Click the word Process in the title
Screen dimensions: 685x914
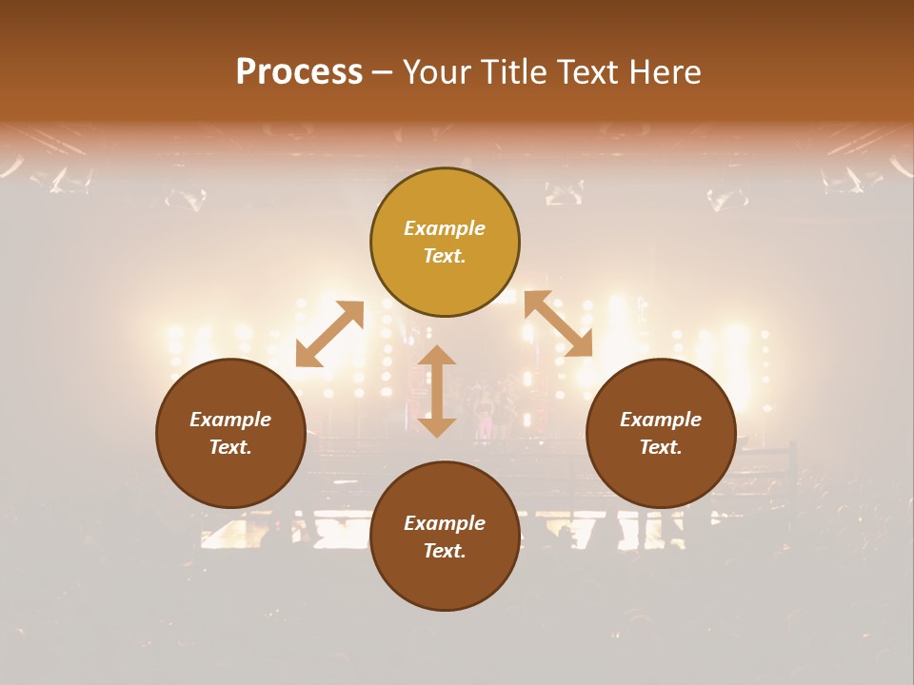299,71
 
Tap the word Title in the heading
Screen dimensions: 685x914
510,72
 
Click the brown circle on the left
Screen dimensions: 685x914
230,476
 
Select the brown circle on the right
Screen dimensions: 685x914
661,476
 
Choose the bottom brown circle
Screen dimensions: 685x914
445,580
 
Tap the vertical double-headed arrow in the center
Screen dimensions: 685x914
437,391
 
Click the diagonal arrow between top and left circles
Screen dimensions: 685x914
329,334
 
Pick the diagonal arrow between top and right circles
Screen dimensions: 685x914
558,323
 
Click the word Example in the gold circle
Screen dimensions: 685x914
445,228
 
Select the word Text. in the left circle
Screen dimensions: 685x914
230,447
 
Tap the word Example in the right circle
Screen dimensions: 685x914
661,420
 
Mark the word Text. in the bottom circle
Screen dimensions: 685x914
445,551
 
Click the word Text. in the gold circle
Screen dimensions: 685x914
445,256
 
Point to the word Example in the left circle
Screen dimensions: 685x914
230,420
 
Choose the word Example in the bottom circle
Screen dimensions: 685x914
445,523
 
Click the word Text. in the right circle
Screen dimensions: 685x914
661,447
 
